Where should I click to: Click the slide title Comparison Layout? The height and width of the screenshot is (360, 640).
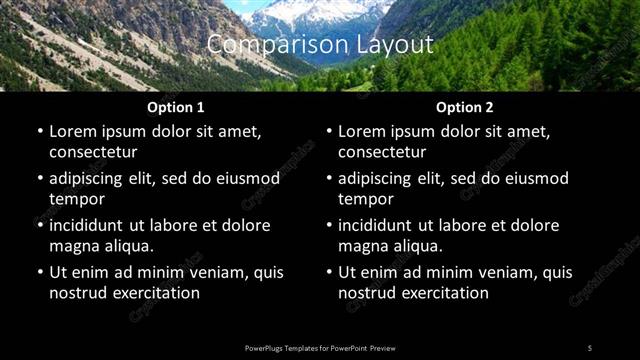320,45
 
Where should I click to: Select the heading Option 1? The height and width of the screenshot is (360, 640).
176,107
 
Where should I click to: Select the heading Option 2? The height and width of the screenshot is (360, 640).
465,107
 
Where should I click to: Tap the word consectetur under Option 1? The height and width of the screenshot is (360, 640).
93,152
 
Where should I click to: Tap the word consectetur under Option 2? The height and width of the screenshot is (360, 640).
382,152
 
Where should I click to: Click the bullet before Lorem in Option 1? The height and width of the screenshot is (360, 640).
39,131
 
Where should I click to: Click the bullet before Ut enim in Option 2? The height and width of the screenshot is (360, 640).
328,272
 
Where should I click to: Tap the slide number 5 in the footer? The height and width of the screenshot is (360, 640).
590,347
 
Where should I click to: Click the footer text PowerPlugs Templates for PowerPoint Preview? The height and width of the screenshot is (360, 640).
320,347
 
